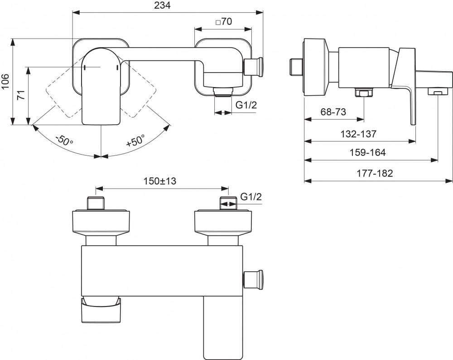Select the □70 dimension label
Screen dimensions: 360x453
(x=223, y=21)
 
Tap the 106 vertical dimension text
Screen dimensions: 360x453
(x=6, y=82)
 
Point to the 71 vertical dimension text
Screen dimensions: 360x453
(x=20, y=96)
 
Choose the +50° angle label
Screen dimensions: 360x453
(x=135, y=140)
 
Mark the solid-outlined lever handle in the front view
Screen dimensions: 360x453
(x=101, y=86)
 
